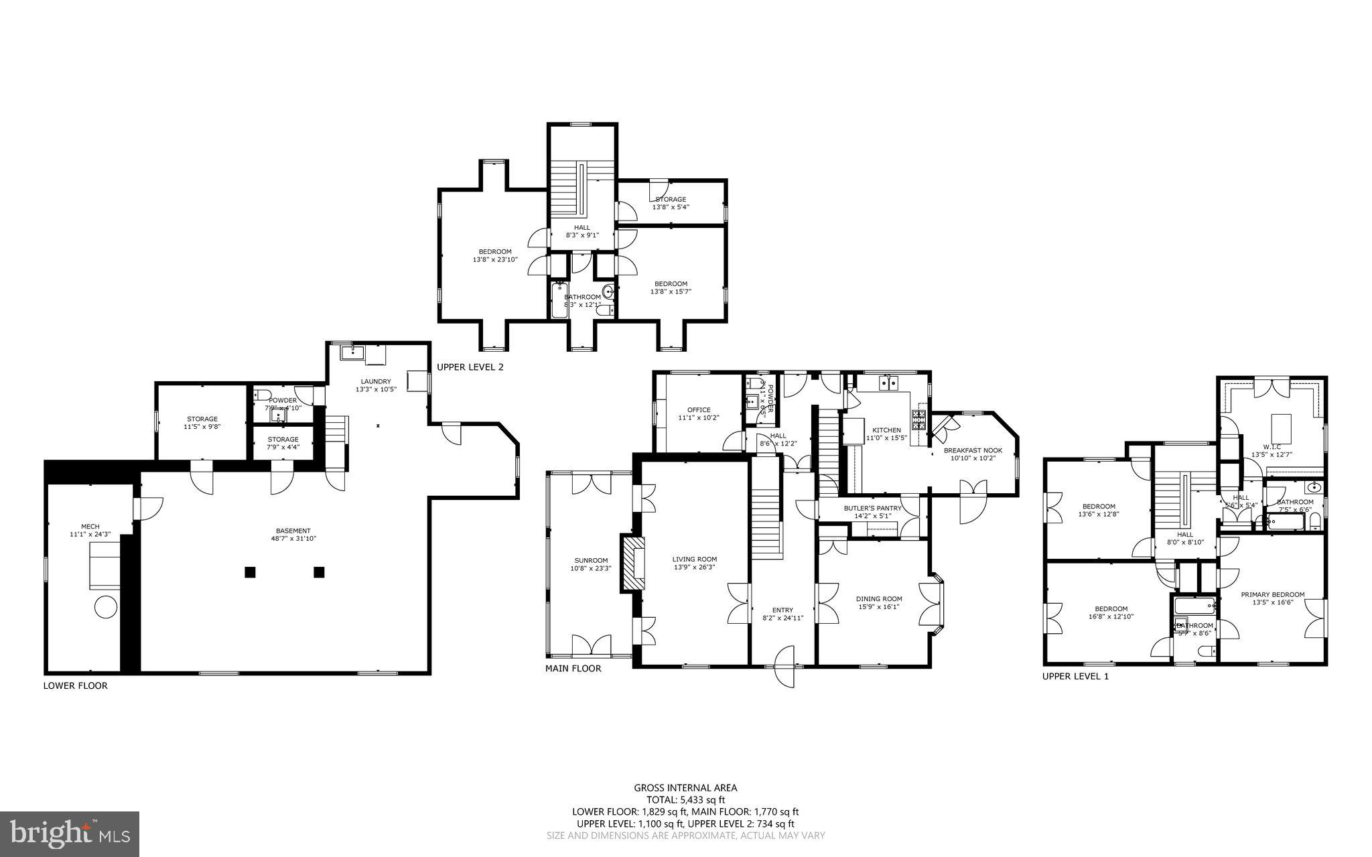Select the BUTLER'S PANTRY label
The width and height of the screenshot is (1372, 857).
point(872,509)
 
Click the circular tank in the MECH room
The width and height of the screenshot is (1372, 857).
point(105,608)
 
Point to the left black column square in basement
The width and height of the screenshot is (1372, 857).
point(250,572)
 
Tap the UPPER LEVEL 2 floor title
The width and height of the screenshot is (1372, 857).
point(470,367)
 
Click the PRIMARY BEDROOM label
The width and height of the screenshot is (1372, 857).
point(1272,594)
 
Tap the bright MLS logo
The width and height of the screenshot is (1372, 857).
point(70,834)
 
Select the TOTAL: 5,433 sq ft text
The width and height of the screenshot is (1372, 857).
point(685,799)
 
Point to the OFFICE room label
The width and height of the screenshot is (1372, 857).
point(698,410)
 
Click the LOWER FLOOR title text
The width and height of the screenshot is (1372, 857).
point(75,685)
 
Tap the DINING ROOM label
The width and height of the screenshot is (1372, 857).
point(879,599)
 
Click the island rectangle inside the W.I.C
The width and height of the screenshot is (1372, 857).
point(1281,425)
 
